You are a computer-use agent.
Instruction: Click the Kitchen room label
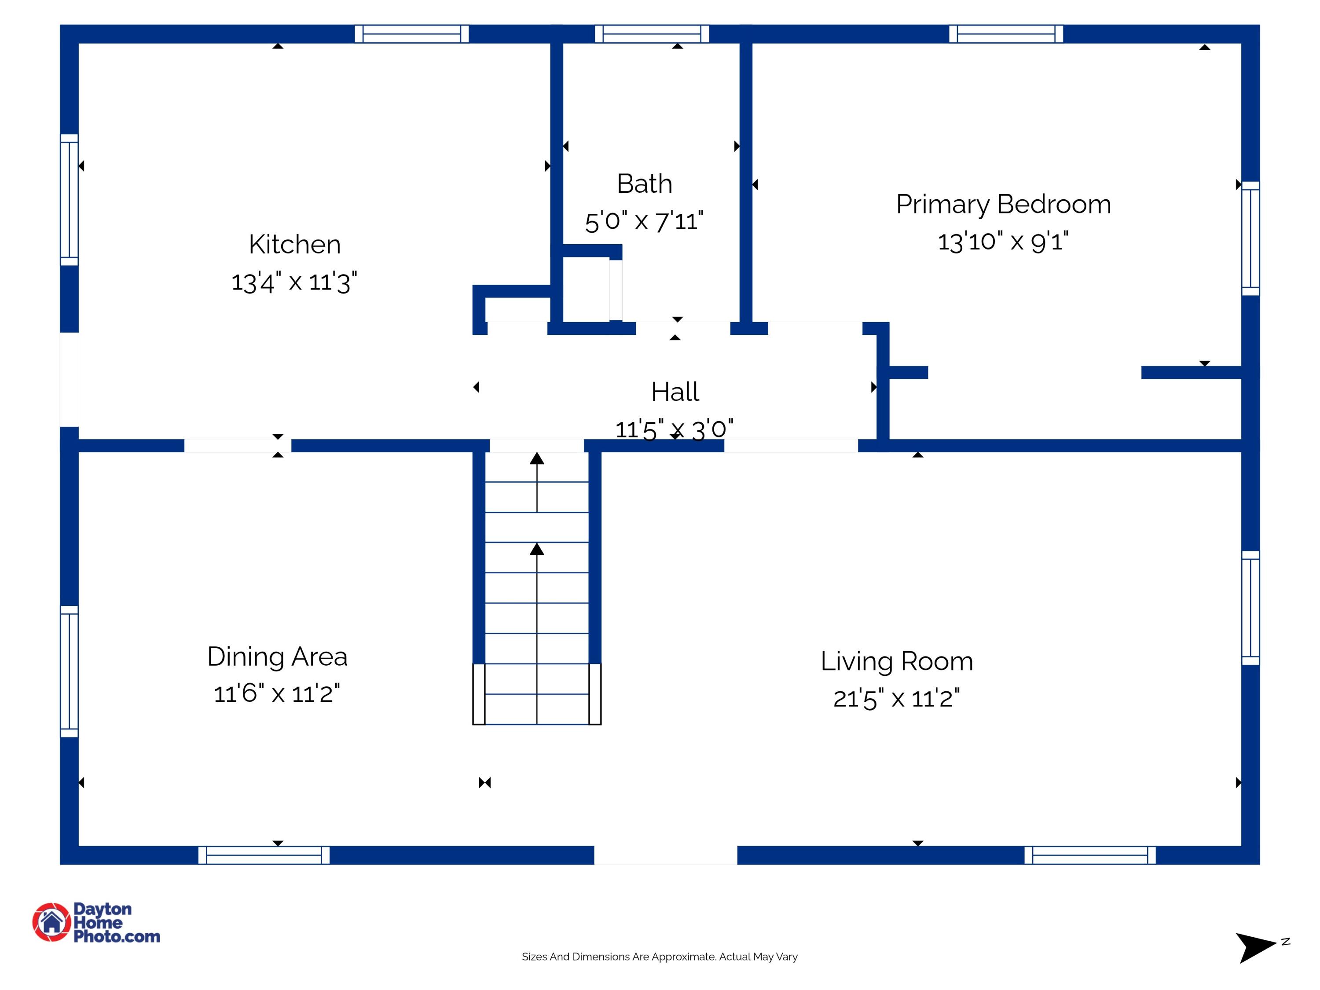click(294, 245)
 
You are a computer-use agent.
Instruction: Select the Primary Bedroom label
click(1003, 205)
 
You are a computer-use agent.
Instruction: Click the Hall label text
click(675, 392)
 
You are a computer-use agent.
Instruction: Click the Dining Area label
click(277, 656)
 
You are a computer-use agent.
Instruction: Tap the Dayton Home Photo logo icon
click(51, 922)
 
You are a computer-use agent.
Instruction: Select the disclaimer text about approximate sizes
click(660, 957)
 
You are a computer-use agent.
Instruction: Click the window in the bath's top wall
click(652, 34)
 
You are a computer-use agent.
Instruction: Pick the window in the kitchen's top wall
click(412, 34)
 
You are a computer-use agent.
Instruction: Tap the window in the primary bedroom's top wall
click(1006, 34)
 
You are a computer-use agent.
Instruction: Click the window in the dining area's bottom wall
click(264, 855)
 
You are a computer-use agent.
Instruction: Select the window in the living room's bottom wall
click(1089, 855)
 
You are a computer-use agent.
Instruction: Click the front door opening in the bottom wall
click(665, 855)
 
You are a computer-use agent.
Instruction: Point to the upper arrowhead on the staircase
click(537, 458)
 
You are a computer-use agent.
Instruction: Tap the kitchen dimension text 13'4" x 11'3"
click(294, 282)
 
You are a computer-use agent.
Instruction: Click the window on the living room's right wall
click(1250, 608)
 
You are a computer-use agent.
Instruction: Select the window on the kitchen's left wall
click(69, 199)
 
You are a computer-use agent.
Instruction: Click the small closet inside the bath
click(586, 290)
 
